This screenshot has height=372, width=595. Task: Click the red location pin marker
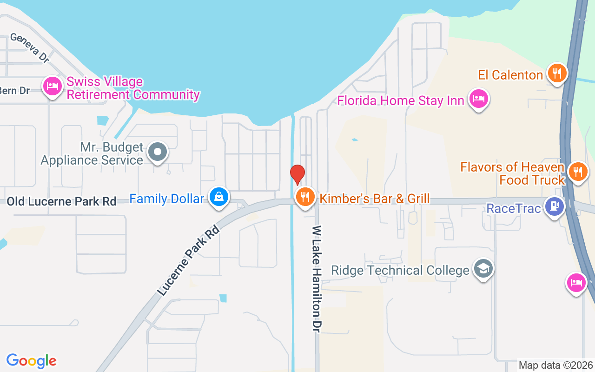click(x=297, y=174)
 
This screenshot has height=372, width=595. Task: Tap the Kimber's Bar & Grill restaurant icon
click(x=305, y=197)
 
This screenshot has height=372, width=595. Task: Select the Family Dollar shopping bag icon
click(x=218, y=197)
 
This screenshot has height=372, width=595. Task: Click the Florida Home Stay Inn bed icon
click(x=478, y=99)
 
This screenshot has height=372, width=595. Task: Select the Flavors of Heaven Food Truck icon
click(x=578, y=173)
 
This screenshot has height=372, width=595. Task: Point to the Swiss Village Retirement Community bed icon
click(x=53, y=87)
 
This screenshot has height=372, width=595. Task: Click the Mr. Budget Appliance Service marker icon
click(x=158, y=152)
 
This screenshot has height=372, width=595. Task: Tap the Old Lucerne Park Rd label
click(x=61, y=202)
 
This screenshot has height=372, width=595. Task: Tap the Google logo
click(x=32, y=361)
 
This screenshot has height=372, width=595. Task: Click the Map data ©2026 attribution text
click(x=556, y=365)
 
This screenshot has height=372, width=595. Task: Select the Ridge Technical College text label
click(x=400, y=271)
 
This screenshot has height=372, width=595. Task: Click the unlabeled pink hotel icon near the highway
click(x=576, y=283)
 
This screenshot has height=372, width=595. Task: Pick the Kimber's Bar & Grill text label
click(x=375, y=199)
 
